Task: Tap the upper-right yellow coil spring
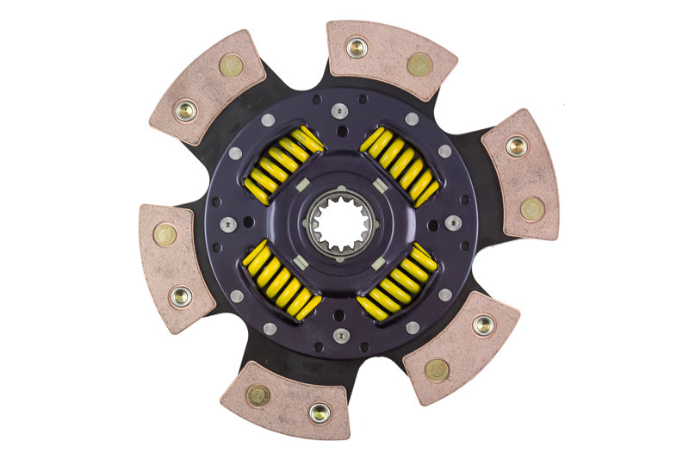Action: (x=400, y=165)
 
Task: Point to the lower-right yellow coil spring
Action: (x=399, y=280)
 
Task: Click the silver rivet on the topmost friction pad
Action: (x=356, y=47)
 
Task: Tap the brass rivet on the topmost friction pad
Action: (x=419, y=64)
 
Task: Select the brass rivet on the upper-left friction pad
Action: (x=231, y=65)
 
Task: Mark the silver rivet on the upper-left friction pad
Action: (x=185, y=110)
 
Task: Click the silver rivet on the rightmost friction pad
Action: (x=516, y=146)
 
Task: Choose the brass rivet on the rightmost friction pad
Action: (x=532, y=208)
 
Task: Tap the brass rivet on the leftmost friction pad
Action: (x=164, y=235)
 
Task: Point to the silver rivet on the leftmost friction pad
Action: (x=181, y=297)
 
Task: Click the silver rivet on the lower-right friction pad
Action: (x=483, y=325)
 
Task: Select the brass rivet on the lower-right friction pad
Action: (x=437, y=370)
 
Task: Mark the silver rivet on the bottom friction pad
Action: (x=320, y=412)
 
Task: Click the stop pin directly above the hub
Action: (x=342, y=110)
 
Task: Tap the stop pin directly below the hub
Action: (x=341, y=337)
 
